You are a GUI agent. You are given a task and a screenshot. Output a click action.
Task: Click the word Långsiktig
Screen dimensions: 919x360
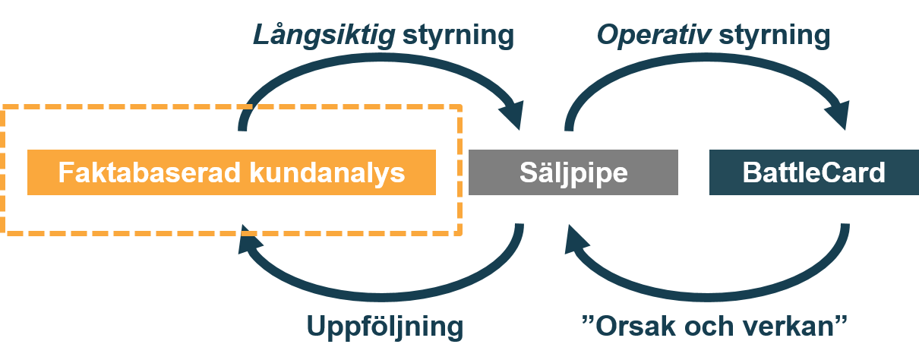(324, 36)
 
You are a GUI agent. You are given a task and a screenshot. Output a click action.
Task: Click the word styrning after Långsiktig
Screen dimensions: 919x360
(458, 36)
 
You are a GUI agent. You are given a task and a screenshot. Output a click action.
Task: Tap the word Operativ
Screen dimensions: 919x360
(654, 36)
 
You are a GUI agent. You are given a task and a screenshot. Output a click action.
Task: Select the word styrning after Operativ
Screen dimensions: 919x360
(775, 36)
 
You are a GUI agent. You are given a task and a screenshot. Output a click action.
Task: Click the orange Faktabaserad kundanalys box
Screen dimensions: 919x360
(232, 172)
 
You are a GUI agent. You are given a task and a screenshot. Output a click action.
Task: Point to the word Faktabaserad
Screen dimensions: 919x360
(149, 172)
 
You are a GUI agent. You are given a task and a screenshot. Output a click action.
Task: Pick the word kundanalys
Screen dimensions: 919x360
(327, 173)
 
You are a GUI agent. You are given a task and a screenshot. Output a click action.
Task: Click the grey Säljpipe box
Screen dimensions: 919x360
(573, 172)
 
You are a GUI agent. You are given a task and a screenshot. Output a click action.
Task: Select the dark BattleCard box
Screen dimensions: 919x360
(814, 172)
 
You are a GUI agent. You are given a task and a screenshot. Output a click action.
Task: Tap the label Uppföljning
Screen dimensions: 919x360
(385, 327)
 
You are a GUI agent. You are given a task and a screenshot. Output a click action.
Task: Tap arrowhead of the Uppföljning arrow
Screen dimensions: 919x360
(248, 239)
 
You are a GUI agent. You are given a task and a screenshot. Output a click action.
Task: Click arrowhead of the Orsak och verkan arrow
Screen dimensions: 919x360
(575, 239)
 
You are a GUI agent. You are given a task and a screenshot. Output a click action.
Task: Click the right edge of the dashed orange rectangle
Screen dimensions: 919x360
(460, 170)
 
